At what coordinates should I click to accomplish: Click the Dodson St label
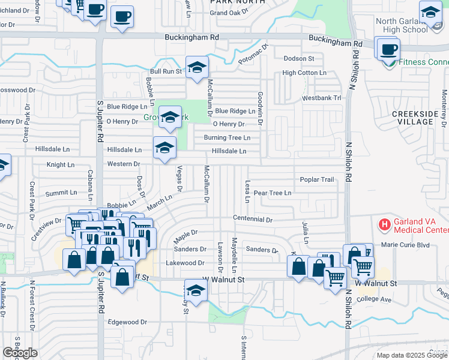pyautogui.click(x=299, y=58)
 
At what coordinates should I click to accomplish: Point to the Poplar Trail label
pyautogui.click(x=317, y=179)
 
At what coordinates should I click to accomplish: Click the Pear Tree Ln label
pyautogui.click(x=272, y=193)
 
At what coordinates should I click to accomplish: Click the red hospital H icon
pyautogui.click(x=384, y=225)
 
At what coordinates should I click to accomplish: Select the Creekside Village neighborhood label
pyautogui.click(x=412, y=117)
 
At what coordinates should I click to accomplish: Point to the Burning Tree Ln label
pyautogui.click(x=227, y=137)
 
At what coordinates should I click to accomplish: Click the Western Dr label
pyautogui.click(x=123, y=164)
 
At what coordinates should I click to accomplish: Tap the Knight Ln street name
pyautogui.click(x=61, y=164)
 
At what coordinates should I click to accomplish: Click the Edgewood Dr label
pyautogui.click(x=127, y=322)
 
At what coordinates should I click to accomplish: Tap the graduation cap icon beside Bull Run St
pyautogui.click(x=196, y=68)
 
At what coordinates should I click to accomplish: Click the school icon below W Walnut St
pyautogui.click(x=196, y=291)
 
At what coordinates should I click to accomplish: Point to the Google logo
pyautogui.click(x=20, y=353)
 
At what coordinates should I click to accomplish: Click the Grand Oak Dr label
pyautogui.click(x=229, y=13)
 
